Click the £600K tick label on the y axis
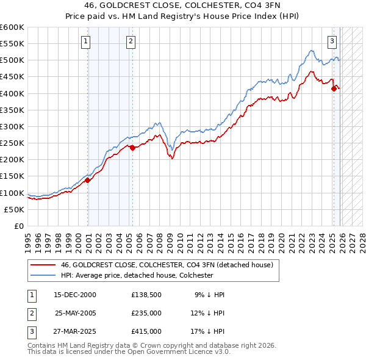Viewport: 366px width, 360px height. coord(12,27)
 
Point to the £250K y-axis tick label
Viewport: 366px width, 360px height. coord(12,143)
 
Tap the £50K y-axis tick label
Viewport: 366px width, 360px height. coord(15,209)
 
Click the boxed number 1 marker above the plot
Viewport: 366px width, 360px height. coord(85,41)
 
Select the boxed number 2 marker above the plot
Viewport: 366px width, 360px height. coord(131,41)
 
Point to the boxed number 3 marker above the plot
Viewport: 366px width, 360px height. coord(332,41)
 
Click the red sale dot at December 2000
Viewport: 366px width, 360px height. coord(88,180)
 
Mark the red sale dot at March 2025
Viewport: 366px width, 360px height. coord(334,88)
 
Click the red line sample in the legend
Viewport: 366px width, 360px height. coord(43,265)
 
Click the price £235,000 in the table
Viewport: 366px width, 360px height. coord(146,313)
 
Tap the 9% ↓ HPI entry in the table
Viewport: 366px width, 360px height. coord(209,294)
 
